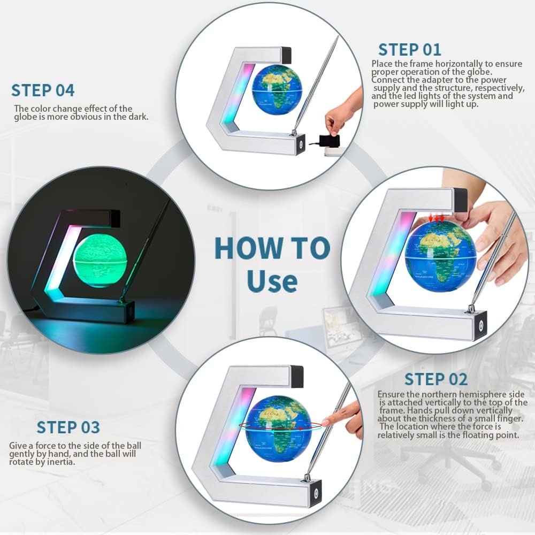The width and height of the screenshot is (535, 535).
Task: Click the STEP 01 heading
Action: [409, 50]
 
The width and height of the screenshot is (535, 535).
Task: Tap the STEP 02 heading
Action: [435, 379]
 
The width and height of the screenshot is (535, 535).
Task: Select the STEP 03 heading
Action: [68, 427]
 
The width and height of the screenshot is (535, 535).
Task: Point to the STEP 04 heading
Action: [43, 90]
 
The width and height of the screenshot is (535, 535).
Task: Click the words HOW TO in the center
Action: [272, 248]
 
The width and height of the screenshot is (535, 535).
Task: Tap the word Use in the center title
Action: [272, 280]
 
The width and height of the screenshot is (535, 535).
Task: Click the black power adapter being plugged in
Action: [328, 140]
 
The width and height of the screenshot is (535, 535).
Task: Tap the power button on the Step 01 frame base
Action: [301, 144]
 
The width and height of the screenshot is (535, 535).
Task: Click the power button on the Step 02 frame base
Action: [481, 324]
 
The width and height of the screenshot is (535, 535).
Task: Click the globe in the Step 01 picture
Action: [277, 90]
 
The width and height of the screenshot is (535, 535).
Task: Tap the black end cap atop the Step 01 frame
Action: [286, 55]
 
